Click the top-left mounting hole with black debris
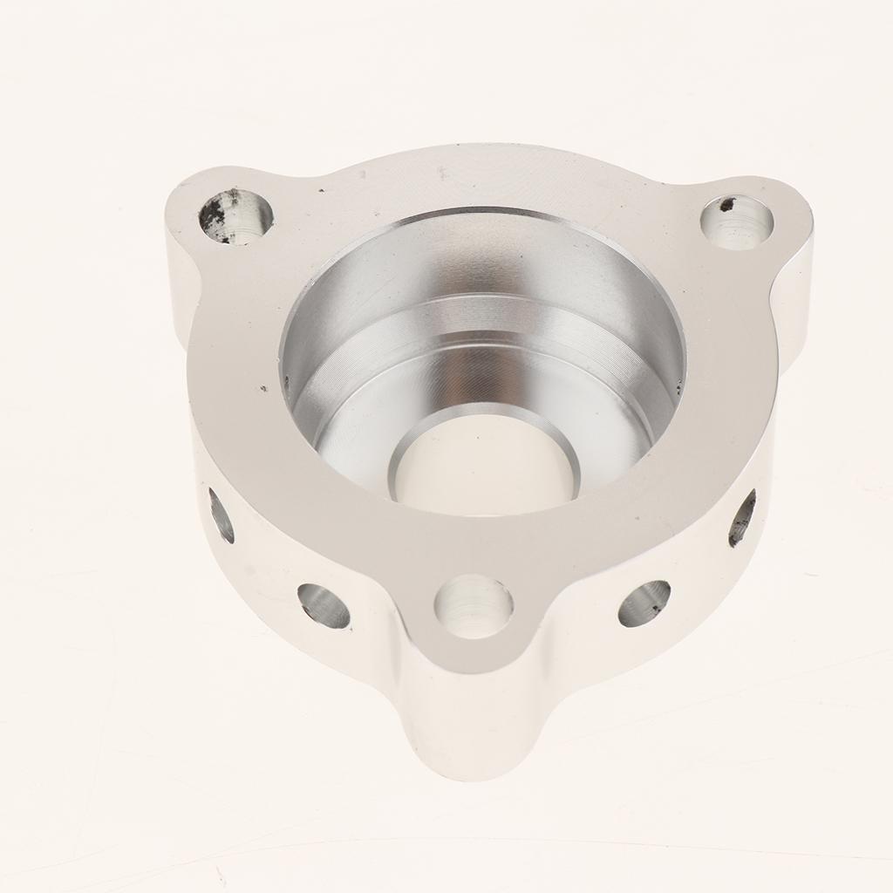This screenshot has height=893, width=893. coord(235,215)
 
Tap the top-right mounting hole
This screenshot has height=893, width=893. coord(737,222)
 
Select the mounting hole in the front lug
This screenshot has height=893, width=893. coord(474,606)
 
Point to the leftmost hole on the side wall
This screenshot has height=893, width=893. coord(222,515)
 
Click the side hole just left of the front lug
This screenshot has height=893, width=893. coord(324,606)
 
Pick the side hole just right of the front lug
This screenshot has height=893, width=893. coord(644,603)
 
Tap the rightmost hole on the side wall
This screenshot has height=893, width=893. coord(742,518)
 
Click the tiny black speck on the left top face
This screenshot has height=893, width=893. coord(262,388)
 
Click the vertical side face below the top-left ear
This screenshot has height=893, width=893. coord(174,279)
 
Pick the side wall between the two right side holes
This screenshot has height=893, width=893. coord(698,567)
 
